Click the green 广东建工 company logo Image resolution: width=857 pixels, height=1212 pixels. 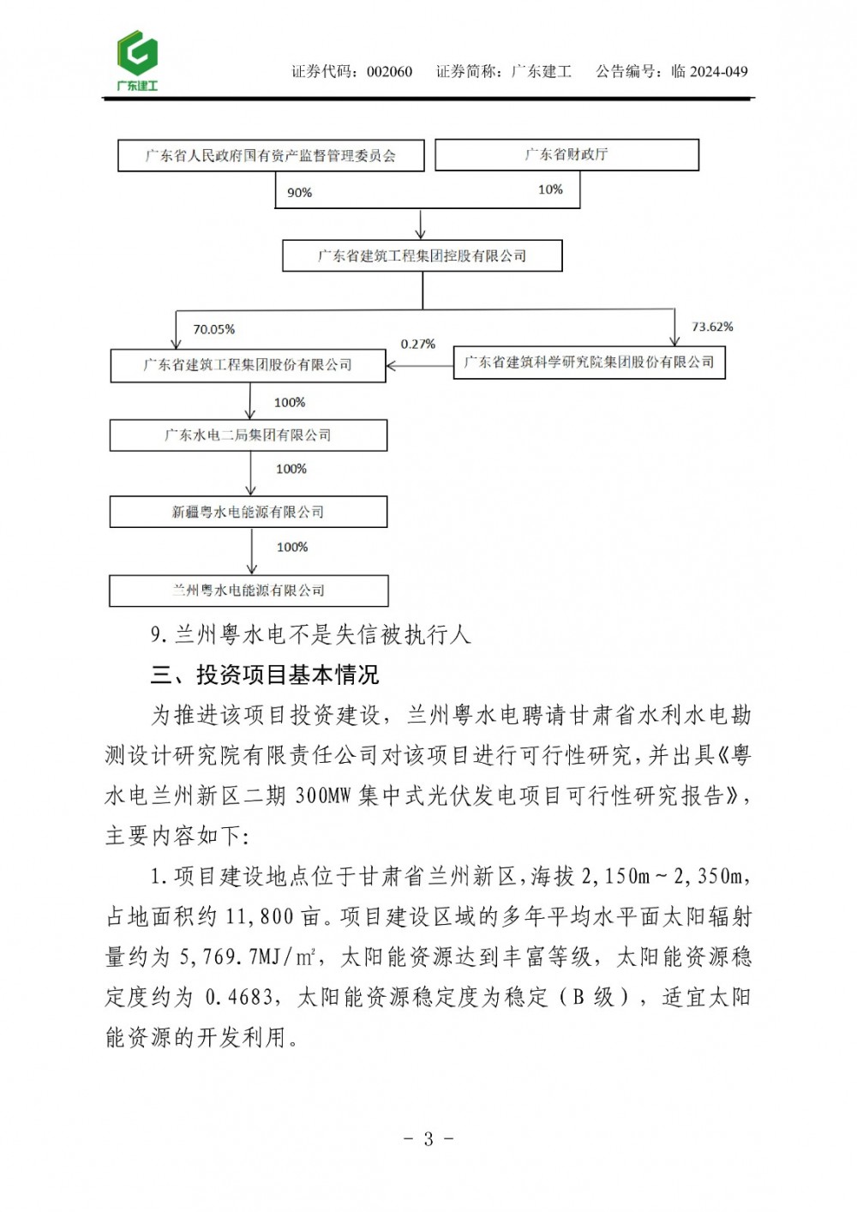point(137,60)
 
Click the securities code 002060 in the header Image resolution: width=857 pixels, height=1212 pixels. point(389,72)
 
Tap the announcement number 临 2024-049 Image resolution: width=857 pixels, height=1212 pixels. point(710,72)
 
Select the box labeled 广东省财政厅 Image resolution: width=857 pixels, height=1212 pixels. point(566,154)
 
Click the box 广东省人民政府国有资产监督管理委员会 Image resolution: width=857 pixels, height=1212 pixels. point(271,155)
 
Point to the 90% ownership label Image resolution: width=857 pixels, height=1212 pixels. point(299,193)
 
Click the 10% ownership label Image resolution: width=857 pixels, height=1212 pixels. point(550,189)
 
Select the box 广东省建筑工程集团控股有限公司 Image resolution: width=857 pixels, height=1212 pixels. point(423,255)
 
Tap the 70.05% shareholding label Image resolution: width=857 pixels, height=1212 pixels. point(213,329)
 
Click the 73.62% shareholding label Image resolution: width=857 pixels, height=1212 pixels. point(712,327)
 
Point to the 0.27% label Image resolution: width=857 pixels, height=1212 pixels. point(418,344)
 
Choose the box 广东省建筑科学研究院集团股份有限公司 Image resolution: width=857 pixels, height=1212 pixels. point(589,362)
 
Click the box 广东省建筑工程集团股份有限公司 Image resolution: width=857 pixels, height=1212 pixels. point(248,364)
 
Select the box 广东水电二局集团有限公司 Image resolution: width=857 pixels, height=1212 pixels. point(248,435)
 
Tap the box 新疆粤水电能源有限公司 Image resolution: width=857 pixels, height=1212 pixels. point(248,512)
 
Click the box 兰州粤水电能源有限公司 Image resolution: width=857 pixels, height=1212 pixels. point(249,590)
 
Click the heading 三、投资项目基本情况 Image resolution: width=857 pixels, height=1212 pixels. point(265,675)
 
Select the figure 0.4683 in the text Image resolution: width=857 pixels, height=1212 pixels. point(239,997)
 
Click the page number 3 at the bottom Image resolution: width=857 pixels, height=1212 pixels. point(428,1138)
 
